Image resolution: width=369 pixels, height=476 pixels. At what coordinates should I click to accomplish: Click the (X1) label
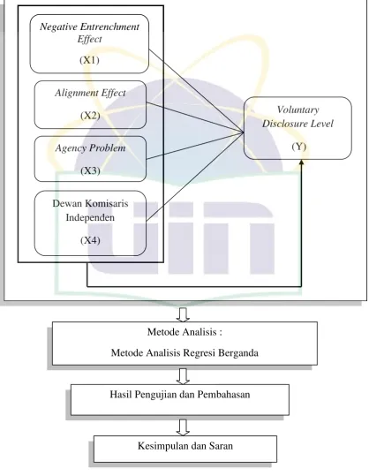89,60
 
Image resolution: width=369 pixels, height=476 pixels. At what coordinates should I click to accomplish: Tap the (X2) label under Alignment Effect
90,116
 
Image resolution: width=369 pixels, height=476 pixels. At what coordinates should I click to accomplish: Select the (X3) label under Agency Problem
90,170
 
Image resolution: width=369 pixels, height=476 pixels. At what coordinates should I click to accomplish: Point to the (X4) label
90,240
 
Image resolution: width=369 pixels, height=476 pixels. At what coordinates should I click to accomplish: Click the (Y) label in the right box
299,147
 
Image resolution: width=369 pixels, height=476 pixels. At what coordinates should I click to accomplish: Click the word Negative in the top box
58,26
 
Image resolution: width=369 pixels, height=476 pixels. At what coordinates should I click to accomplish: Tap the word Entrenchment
109,26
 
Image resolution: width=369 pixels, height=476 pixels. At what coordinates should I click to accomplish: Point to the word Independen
90,217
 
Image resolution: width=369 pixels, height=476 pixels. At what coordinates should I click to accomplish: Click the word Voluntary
297,110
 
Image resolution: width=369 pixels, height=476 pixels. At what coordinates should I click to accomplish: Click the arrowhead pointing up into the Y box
301,162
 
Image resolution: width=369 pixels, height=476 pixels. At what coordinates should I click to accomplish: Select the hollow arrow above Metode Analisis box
183,314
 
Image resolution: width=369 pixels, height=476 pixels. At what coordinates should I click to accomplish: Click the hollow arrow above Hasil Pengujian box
183,376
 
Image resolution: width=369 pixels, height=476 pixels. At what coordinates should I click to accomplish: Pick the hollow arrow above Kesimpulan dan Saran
183,427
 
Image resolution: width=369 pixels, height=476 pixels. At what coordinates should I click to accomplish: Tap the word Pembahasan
223,395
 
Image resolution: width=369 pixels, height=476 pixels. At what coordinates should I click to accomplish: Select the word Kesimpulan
163,446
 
